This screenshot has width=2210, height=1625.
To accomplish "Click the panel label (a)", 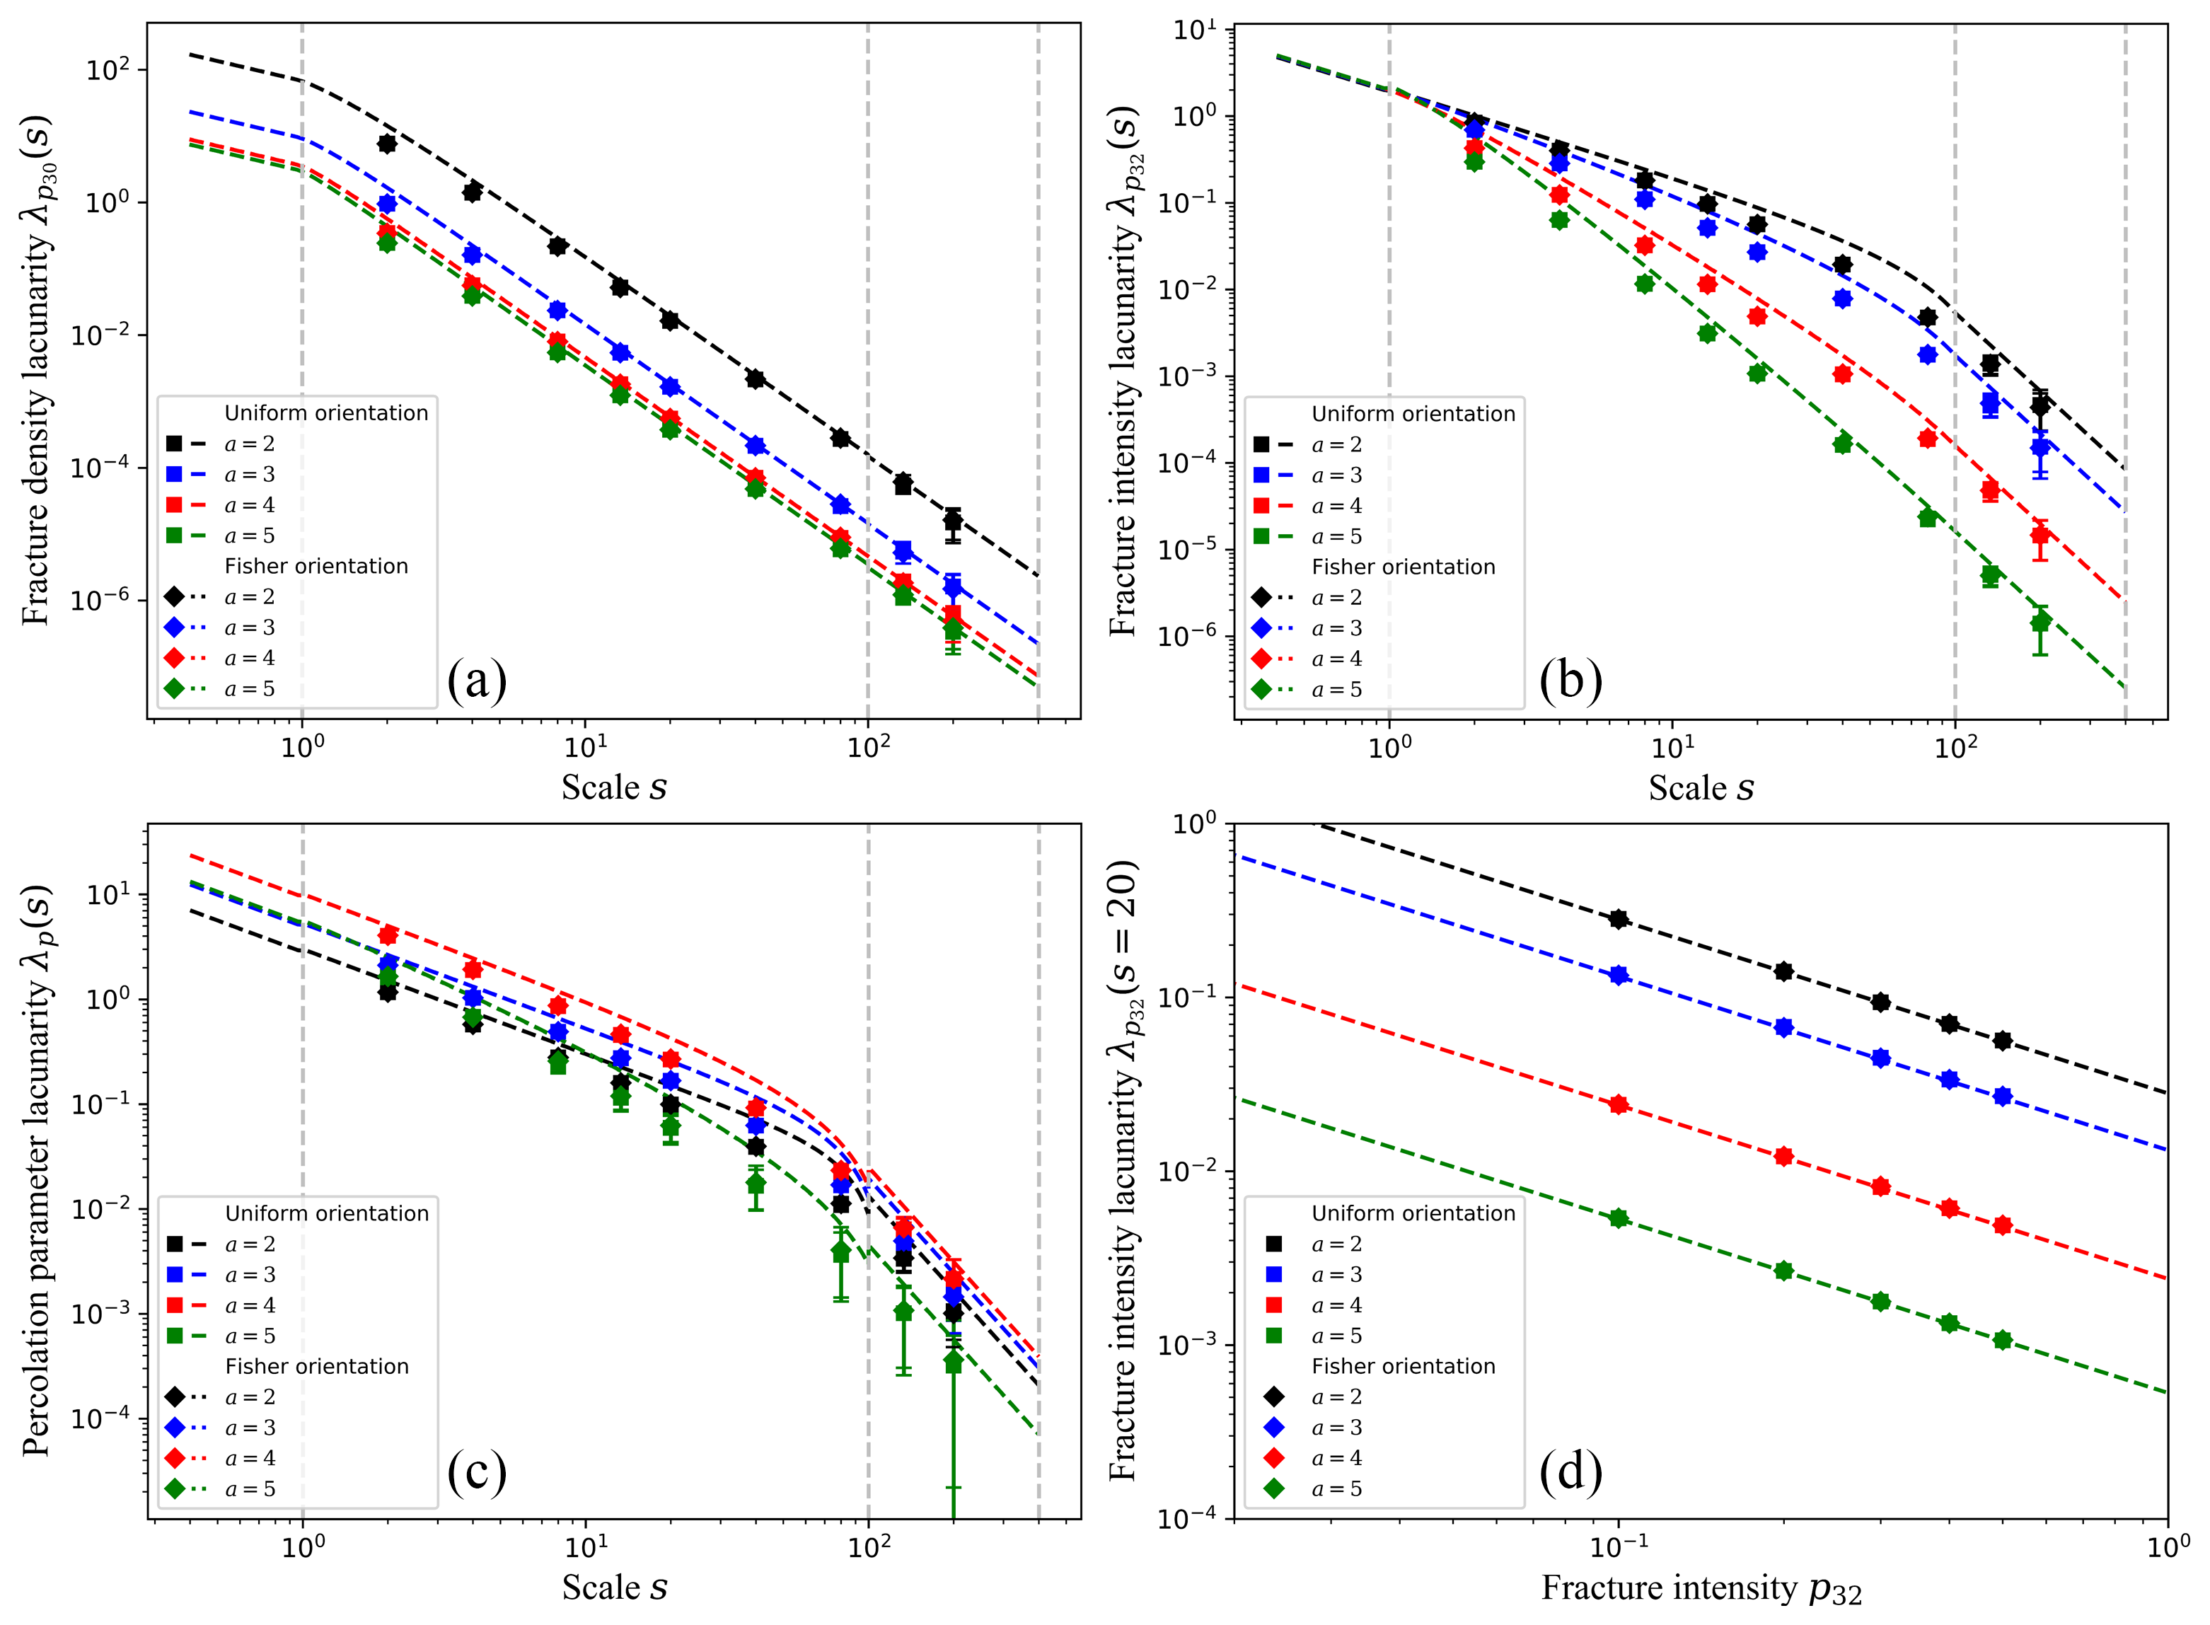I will (476, 681).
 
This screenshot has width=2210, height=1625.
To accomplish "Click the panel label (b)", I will (1570, 681).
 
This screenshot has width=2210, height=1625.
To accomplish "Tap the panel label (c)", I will (476, 1471).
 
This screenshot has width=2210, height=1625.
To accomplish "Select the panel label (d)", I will (1570, 1471).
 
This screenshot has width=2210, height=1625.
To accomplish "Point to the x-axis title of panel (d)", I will (1701, 1588).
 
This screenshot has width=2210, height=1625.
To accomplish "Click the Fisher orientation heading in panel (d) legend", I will (1404, 1366).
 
